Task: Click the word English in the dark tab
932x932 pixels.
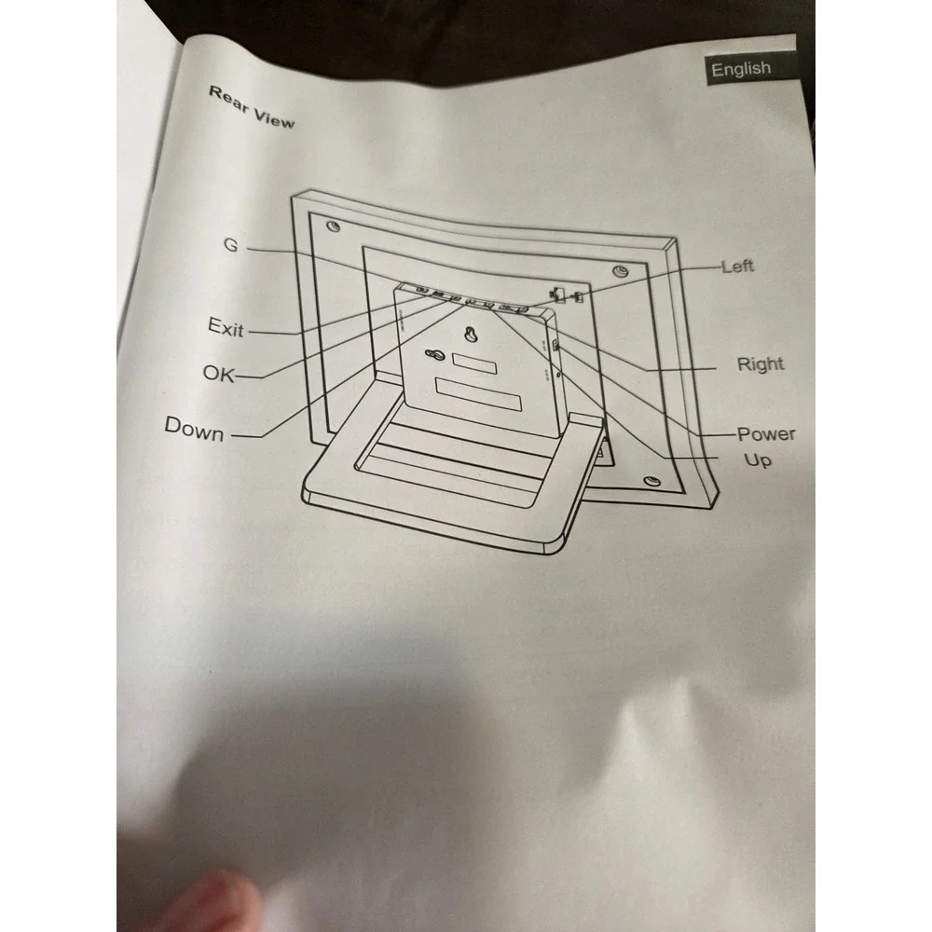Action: click(741, 69)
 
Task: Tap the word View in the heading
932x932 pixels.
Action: click(273, 117)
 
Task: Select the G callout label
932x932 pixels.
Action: click(230, 244)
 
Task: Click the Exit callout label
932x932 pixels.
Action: click(226, 327)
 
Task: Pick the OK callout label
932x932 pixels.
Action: click(218, 374)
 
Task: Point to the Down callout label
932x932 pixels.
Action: click(194, 428)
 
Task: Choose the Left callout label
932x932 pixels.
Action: click(737, 266)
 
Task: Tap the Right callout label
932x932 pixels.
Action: click(761, 363)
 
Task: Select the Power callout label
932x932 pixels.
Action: click(765, 434)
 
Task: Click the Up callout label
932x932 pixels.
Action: click(757, 460)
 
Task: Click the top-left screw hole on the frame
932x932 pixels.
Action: click(334, 226)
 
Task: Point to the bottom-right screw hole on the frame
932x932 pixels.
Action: click(652, 480)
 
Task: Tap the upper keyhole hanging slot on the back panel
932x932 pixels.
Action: click(471, 334)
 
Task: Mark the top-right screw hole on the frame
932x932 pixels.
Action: click(620, 271)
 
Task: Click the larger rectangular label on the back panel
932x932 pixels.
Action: click(478, 394)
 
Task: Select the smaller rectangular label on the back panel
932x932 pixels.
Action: click(474, 363)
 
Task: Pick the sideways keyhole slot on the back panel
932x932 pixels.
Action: click(434, 355)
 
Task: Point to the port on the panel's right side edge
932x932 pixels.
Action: click(554, 346)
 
